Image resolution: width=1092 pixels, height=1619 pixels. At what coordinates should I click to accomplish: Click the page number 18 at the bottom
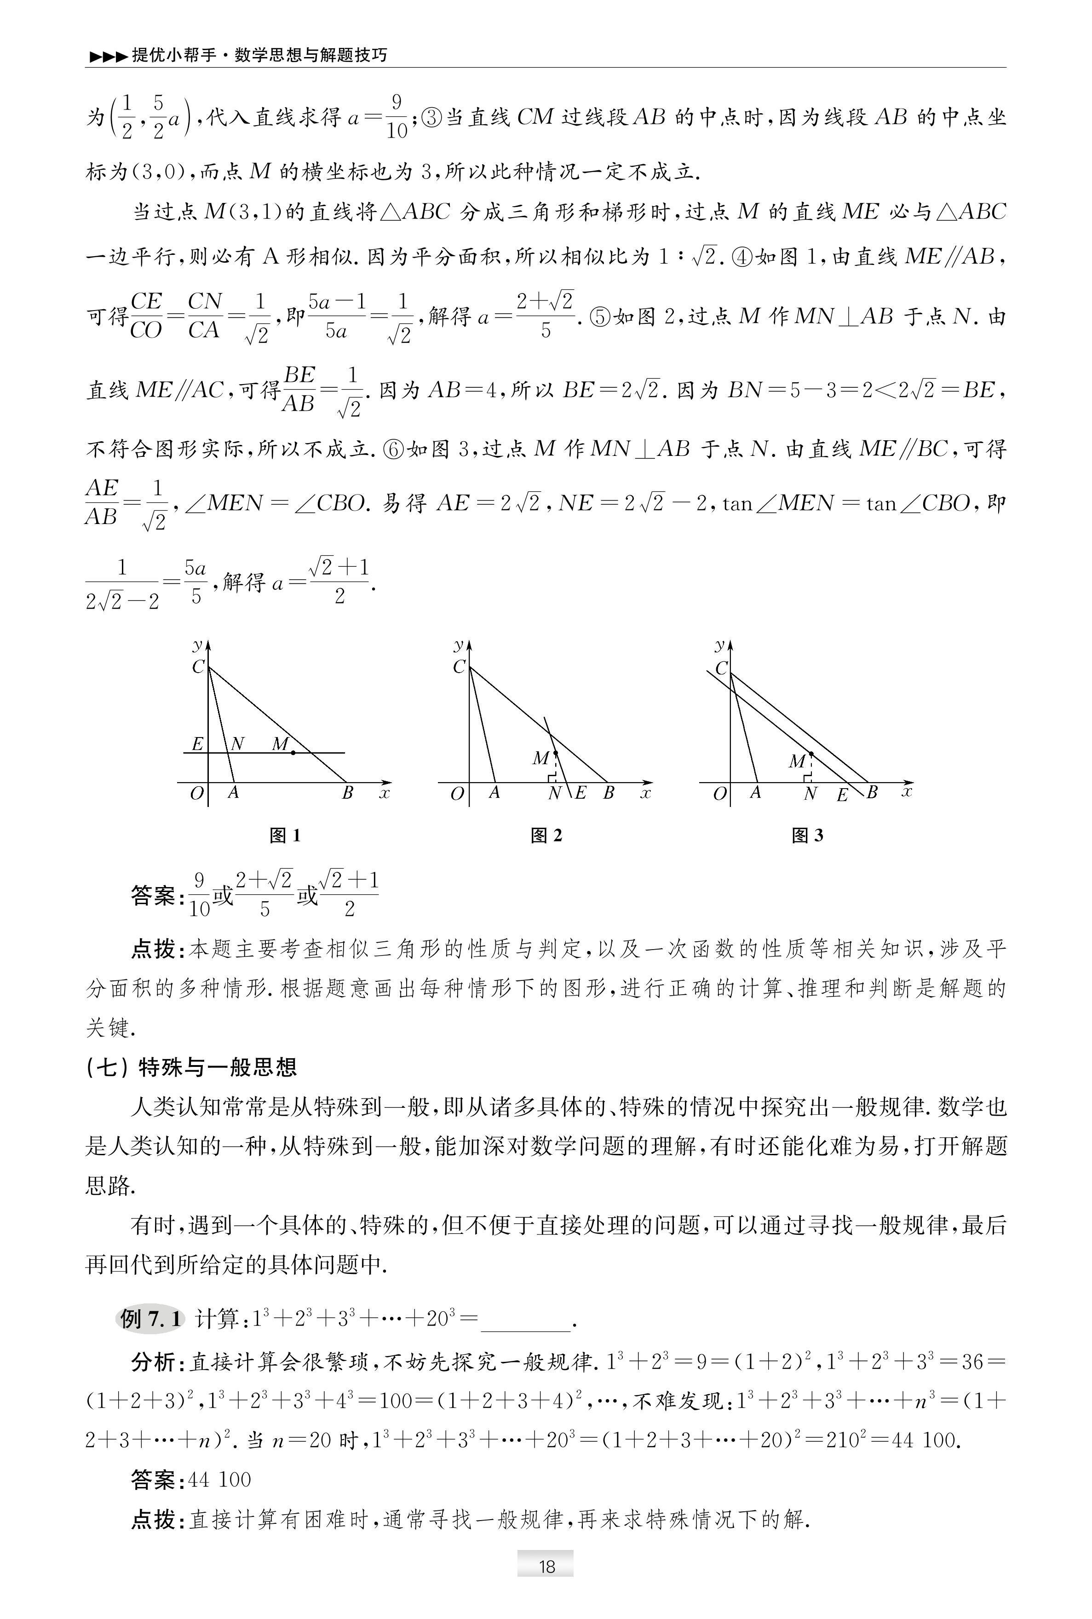tap(546, 1566)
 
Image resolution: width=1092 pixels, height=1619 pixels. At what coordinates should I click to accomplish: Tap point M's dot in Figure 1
tap(293, 752)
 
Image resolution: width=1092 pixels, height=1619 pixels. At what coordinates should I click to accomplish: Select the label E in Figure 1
tap(197, 743)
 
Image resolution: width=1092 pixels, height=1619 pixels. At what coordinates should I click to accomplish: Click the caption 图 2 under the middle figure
tap(546, 835)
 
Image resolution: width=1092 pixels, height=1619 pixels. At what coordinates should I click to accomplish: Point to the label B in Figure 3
tap(871, 792)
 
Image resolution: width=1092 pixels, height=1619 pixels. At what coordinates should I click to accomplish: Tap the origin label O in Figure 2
tap(457, 794)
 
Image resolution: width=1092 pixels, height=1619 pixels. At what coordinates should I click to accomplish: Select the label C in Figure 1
tap(198, 667)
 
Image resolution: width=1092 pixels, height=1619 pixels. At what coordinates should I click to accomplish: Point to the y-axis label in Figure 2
tap(459, 645)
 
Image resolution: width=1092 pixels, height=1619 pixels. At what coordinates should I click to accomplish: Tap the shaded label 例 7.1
tap(150, 1318)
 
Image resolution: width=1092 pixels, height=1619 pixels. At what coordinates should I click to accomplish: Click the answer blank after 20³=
tap(526, 1319)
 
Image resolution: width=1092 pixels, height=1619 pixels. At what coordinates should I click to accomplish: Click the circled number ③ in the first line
tap(432, 117)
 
